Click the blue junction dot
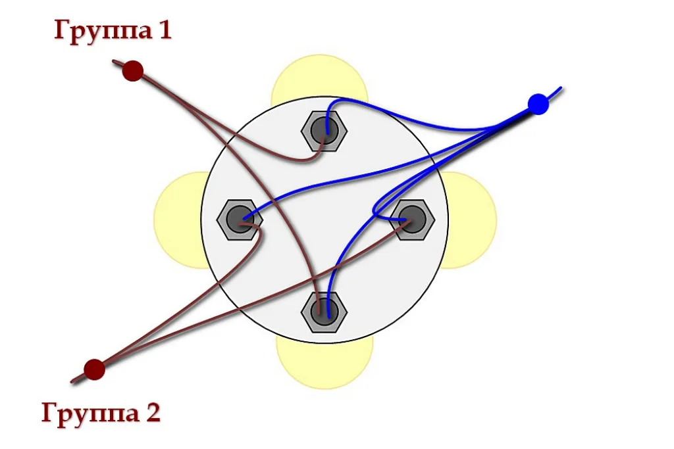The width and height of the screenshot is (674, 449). tap(538, 104)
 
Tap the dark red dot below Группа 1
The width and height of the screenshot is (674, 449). tap(133, 71)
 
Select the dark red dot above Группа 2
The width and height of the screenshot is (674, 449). tap(94, 369)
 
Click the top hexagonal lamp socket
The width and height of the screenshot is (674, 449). tap(324, 131)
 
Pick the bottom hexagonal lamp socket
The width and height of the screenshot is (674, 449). tap(324, 312)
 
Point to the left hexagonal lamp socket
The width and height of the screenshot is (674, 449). tap(240, 220)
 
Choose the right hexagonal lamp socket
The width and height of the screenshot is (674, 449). tap(412, 220)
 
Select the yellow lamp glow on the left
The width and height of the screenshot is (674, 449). tap(177, 220)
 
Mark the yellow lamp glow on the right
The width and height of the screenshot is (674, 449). tap(472, 220)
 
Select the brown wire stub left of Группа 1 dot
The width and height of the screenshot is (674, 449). tap(118, 64)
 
